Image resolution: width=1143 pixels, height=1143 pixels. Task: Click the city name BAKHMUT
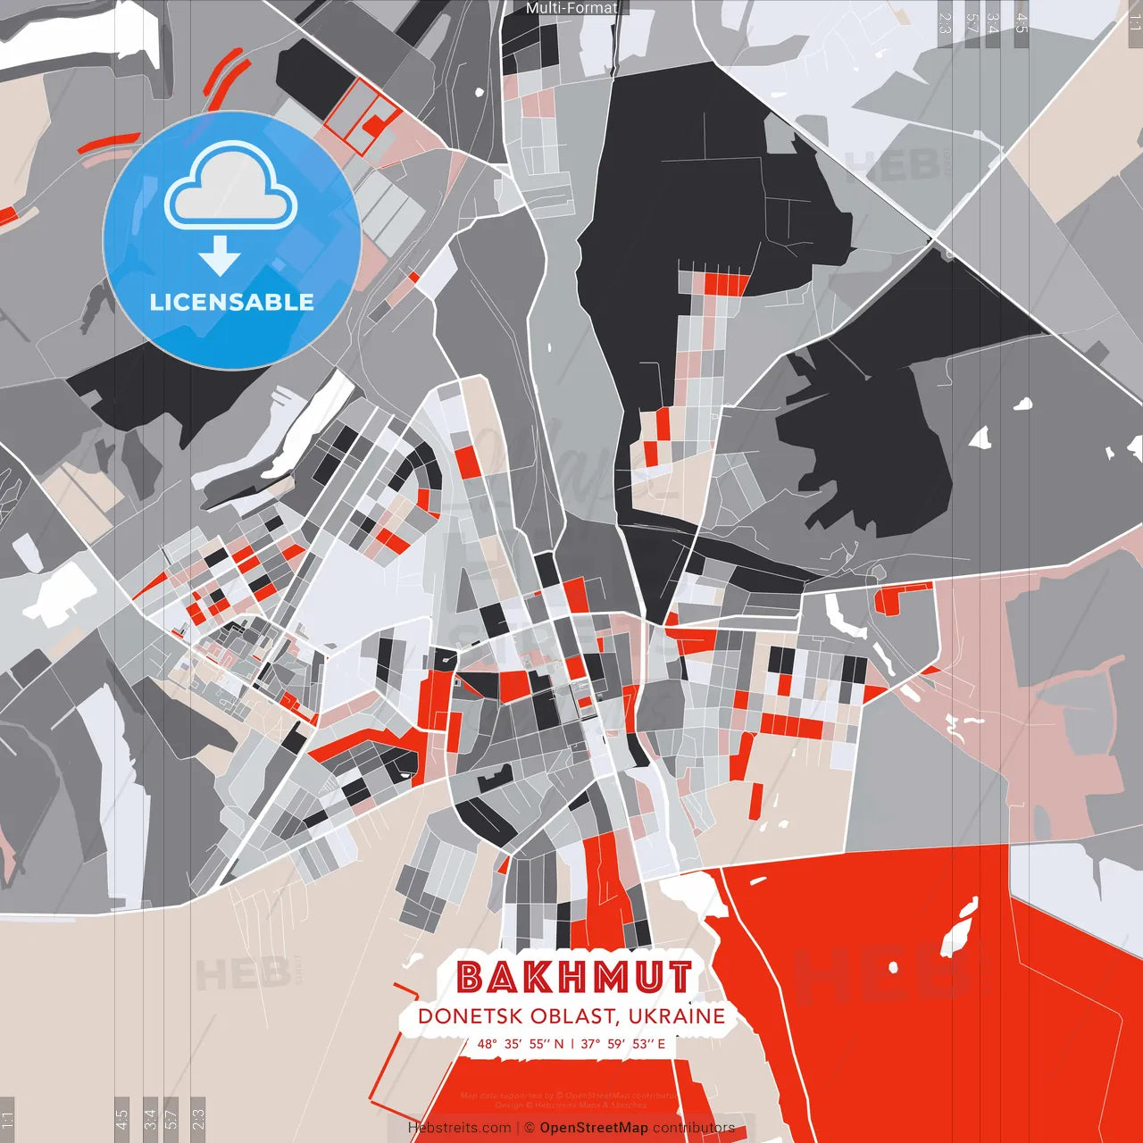(x=574, y=978)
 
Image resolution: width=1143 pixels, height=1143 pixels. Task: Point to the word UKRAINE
(x=676, y=1017)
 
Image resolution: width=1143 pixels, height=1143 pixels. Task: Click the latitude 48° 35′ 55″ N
(x=521, y=1044)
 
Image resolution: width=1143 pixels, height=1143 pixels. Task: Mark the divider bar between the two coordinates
(x=572, y=1044)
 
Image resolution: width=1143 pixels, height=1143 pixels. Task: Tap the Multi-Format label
(x=571, y=8)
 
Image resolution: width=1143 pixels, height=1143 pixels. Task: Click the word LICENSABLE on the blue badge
(x=232, y=302)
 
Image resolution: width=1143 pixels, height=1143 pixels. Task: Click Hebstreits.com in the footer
(x=459, y=1128)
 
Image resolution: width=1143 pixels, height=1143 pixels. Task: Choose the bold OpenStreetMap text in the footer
(x=594, y=1128)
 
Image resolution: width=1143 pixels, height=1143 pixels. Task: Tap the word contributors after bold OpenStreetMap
(x=694, y=1128)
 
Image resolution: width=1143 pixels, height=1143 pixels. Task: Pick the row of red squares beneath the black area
(x=726, y=284)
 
